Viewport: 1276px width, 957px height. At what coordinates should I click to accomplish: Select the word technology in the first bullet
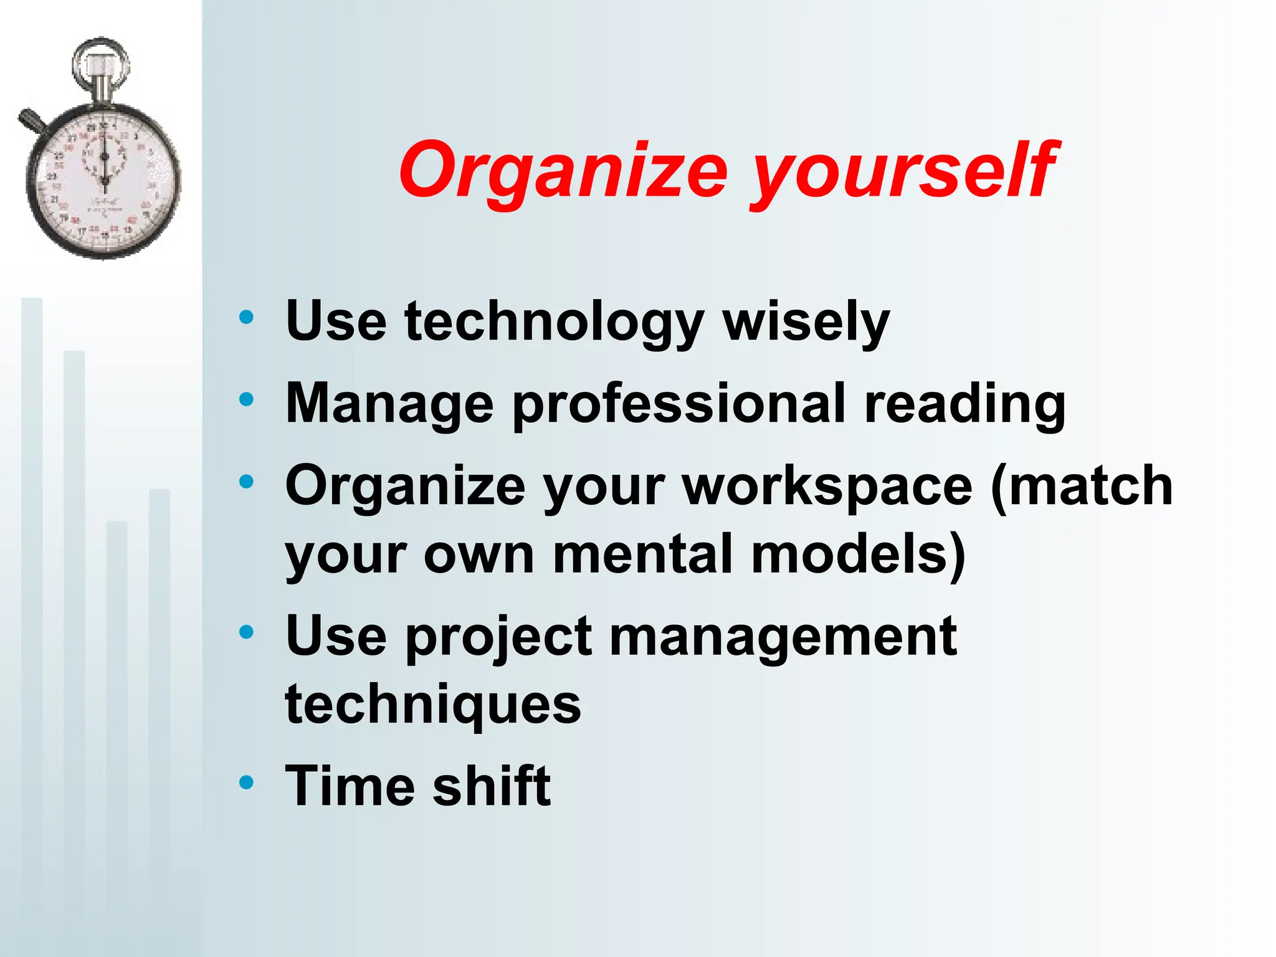click(555, 322)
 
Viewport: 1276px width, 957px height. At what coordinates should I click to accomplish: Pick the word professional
click(679, 404)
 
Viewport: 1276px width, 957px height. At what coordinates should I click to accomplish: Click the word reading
click(965, 404)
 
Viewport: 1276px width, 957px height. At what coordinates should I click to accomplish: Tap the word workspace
click(828, 487)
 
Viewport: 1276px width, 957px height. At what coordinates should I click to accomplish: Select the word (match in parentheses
click(1082, 485)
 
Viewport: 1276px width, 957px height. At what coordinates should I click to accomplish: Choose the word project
click(499, 637)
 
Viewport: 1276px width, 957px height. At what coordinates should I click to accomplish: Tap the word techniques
click(433, 705)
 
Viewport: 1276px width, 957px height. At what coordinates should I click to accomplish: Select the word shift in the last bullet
click(492, 786)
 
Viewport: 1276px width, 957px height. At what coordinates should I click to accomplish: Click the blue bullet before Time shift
click(247, 782)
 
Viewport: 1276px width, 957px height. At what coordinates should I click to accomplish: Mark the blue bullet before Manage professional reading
click(247, 399)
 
